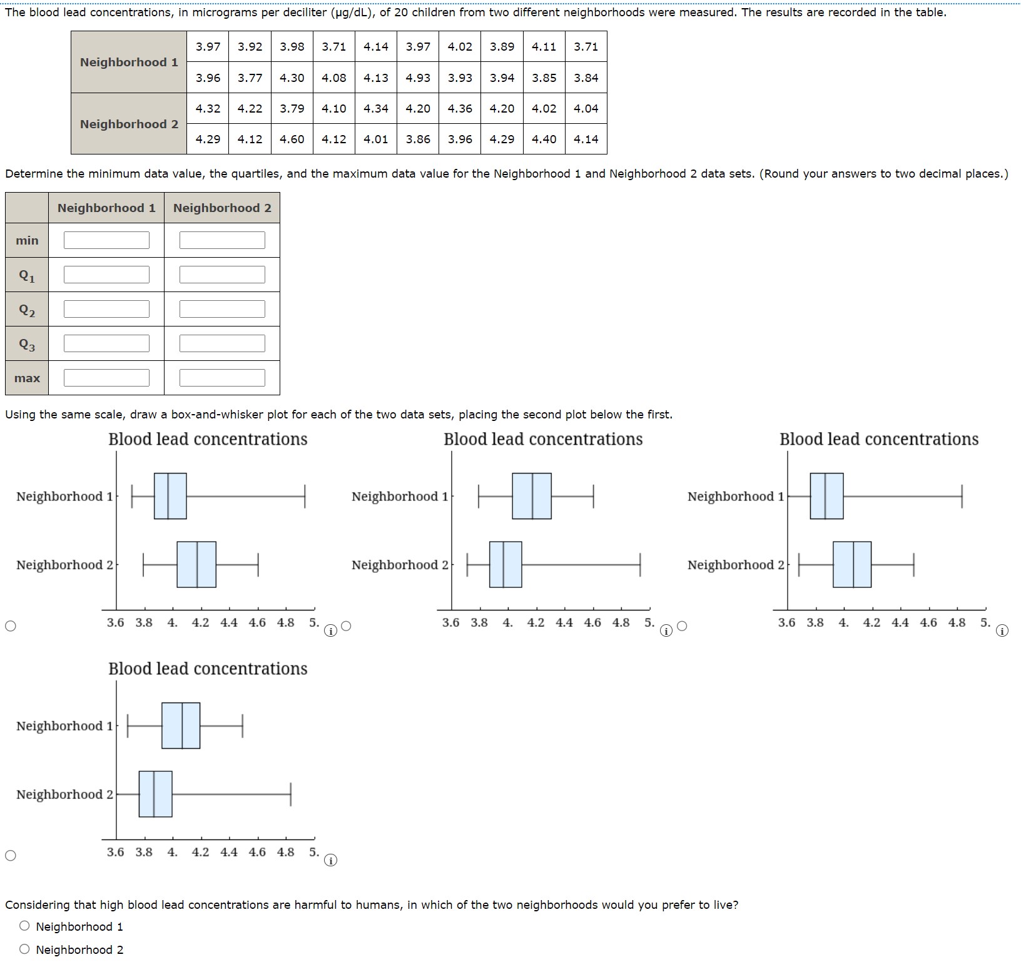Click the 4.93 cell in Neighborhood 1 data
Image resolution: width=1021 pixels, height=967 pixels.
tap(418, 78)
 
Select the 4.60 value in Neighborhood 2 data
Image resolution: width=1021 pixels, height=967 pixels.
tap(292, 139)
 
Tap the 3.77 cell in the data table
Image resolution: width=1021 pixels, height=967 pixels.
tap(250, 78)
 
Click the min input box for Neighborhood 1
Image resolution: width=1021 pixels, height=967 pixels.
tap(106, 240)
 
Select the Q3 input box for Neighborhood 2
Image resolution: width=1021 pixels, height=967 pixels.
tap(222, 343)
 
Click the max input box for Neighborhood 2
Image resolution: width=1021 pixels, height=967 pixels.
tap(222, 378)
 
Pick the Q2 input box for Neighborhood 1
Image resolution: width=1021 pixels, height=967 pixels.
tap(106, 309)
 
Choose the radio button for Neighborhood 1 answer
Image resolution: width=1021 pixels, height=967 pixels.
tap(24, 926)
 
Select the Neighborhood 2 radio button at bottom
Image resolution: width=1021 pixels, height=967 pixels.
tap(24, 949)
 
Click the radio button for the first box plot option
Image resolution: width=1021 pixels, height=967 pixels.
tap(10, 626)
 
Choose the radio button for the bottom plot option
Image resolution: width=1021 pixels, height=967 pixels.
tap(10, 856)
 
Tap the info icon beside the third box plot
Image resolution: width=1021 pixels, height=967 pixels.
tap(1002, 631)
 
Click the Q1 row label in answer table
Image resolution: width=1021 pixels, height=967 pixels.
tap(27, 275)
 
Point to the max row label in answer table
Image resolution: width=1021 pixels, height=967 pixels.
tap(27, 378)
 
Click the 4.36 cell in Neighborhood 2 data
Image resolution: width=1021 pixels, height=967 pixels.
tap(460, 108)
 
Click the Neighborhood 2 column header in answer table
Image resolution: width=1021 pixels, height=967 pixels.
tap(222, 208)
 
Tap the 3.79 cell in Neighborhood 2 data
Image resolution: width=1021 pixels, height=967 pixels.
tap(292, 108)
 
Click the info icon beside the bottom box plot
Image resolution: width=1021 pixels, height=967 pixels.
tap(330, 861)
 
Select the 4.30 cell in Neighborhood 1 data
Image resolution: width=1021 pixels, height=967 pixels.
tap(292, 78)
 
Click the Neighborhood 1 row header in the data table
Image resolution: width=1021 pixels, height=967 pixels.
tap(129, 62)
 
